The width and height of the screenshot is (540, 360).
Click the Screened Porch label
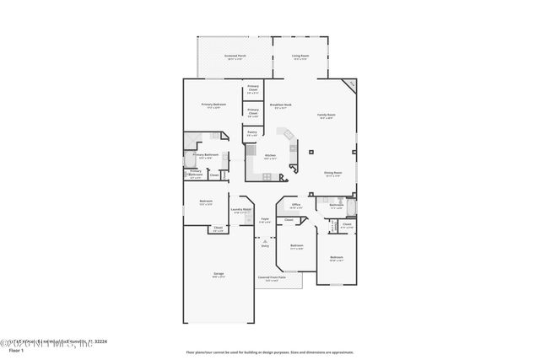[x=234, y=57]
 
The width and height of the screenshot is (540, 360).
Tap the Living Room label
[x=300, y=57]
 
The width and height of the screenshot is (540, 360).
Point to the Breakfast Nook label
[x=281, y=105]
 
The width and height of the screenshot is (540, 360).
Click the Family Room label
[x=327, y=116]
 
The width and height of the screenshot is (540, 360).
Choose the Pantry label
[x=252, y=132]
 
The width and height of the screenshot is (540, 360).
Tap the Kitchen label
[x=270, y=156]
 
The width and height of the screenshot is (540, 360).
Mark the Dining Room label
[x=333, y=174]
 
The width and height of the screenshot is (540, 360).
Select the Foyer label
[x=264, y=221]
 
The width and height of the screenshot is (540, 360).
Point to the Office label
[x=296, y=205]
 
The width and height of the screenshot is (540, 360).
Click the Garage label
[x=219, y=275]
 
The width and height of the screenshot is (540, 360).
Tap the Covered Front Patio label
[x=272, y=278]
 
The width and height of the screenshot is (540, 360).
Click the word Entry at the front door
[x=265, y=246]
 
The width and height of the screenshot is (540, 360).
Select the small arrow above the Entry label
[x=265, y=239]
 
